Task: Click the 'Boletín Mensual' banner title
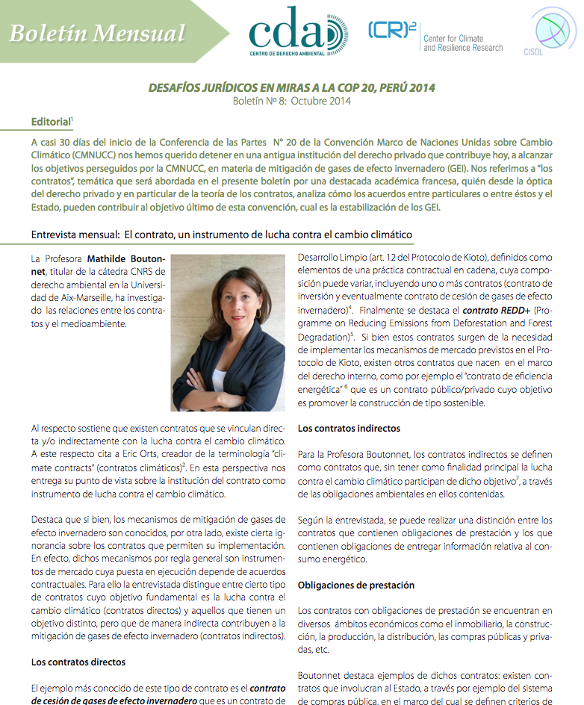[97, 33]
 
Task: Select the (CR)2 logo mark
[391, 30]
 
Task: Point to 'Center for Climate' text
[453, 38]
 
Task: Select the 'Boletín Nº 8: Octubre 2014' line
[291, 101]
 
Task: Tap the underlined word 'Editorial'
[51, 121]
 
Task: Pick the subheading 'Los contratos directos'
[78, 662]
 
